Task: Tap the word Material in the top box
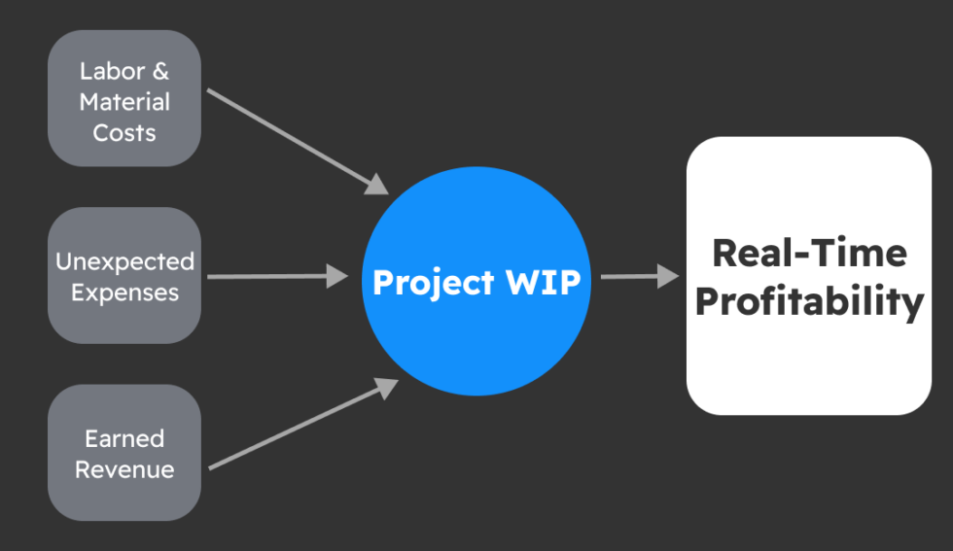(x=124, y=102)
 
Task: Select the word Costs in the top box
(x=124, y=133)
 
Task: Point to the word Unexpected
(x=124, y=261)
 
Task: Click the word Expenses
(x=124, y=293)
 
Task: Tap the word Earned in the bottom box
(x=124, y=438)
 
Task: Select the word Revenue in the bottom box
(x=124, y=469)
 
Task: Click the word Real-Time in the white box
(x=809, y=253)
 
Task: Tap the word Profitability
(x=809, y=302)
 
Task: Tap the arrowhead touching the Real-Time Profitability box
(x=669, y=276)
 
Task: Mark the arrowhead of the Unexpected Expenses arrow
(x=337, y=276)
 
